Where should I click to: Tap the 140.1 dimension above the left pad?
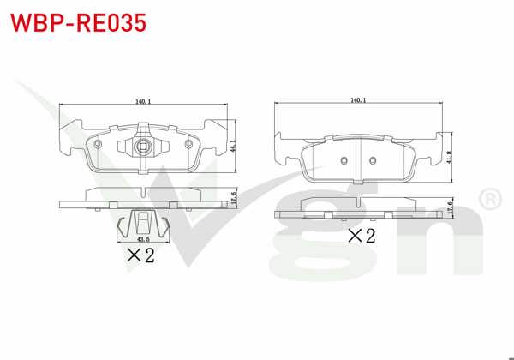(x=143, y=102)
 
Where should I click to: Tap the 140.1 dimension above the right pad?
(x=358, y=100)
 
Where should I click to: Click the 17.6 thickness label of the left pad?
(x=234, y=196)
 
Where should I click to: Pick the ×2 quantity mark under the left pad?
(x=140, y=255)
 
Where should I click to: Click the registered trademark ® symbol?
(x=489, y=200)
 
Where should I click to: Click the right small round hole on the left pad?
(x=188, y=142)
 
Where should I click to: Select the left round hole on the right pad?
(x=343, y=160)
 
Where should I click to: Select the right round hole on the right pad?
(x=374, y=160)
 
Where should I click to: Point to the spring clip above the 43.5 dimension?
(x=143, y=224)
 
